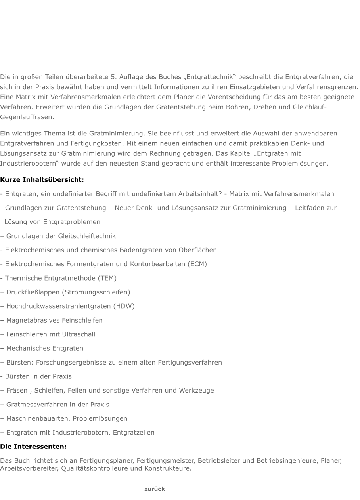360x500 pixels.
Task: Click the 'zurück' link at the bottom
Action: tap(155, 489)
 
